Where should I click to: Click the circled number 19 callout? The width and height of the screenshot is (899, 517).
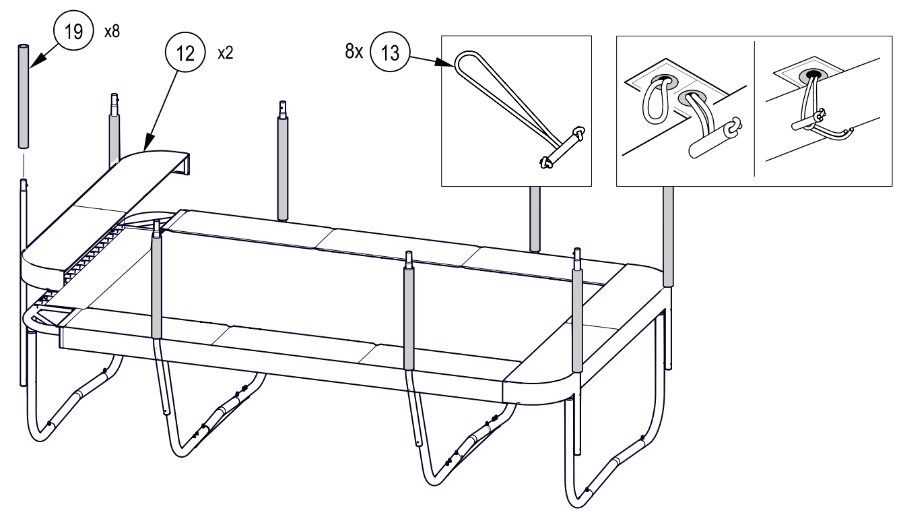pyautogui.click(x=73, y=30)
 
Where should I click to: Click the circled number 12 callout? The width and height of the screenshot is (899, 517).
pyautogui.click(x=185, y=53)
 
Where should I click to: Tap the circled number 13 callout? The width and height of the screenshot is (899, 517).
pyautogui.click(x=390, y=52)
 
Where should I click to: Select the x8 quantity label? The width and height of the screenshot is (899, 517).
pyautogui.click(x=112, y=31)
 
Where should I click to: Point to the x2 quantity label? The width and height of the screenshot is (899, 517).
pyautogui.click(x=225, y=53)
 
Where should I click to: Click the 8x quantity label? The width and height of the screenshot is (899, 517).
pyautogui.click(x=354, y=52)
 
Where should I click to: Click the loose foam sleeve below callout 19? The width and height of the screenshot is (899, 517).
pyautogui.click(x=24, y=96)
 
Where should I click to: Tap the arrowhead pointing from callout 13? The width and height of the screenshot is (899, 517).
pyautogui.click(x=446, y=63)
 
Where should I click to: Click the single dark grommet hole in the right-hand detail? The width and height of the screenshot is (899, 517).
pyautogui.click(x=813, y=74)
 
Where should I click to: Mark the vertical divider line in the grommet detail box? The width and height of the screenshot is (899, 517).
pyautogui.click(x=754, y=109)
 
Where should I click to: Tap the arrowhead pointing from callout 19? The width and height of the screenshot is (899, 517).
pyautogui.click(x=37, y=61)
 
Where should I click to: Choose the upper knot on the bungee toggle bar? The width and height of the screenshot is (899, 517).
pyautogui.click(x=579, y=133)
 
